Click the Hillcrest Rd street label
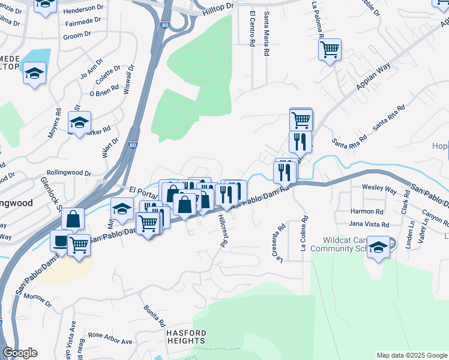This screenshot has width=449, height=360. pyautogui.click(x=224, y=231)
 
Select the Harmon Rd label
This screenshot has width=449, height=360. pyautogui.click(x=366, y=212)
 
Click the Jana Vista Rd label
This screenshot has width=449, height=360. pyautogui.click(x=369, y=224)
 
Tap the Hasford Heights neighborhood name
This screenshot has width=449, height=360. pyautogui.click(x=186, y=337)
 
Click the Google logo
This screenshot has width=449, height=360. pyautogui.click(x=20, y=353)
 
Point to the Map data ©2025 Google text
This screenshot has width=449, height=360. pyautogui.click(x=411, y=355)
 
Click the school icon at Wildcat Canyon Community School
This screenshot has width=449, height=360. pyautogui.click(x=378, y=248)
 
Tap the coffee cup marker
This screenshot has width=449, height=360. pyautogui.click(x=61, y=241)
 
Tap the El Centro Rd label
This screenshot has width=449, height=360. pyautogui.click(x=253, y=28)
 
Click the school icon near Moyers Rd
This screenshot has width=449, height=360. pyautogui.click(x=79, y=122)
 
